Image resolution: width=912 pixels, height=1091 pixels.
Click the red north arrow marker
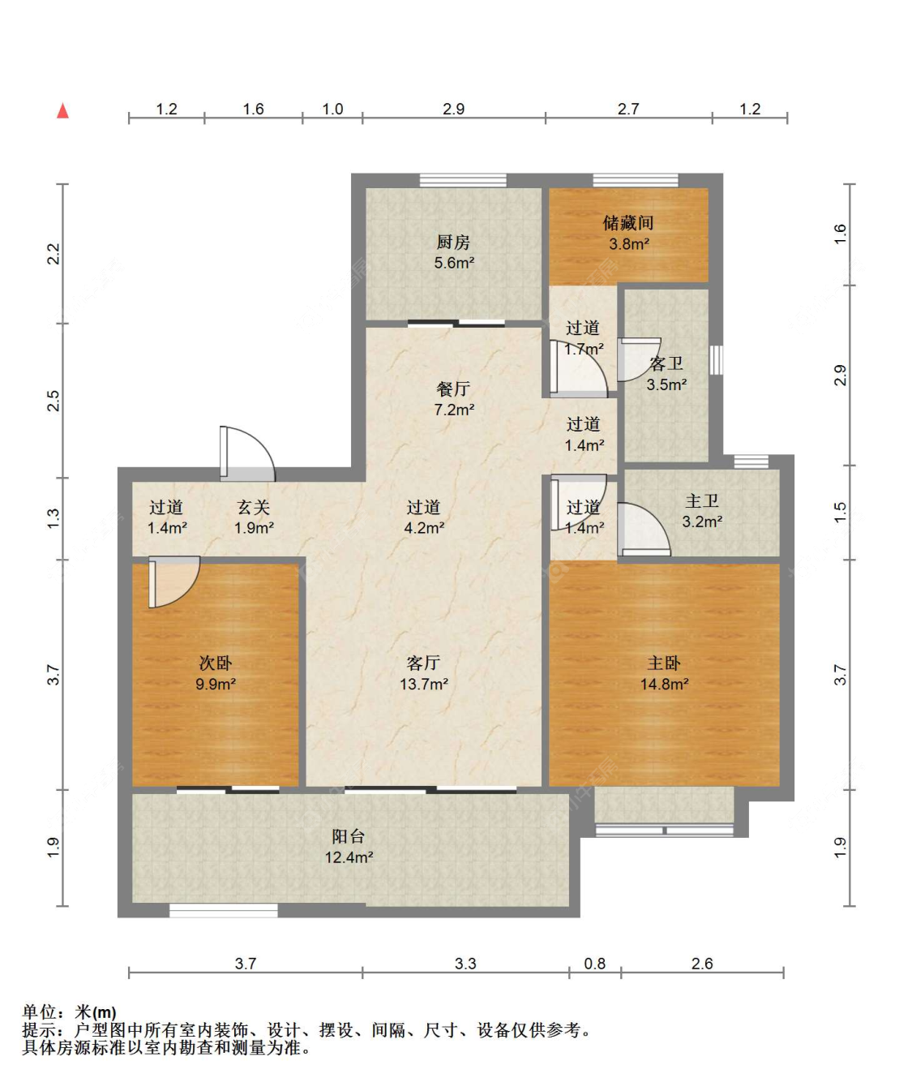tap(62, 111)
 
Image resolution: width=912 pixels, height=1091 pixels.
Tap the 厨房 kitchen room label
tap(453, 243)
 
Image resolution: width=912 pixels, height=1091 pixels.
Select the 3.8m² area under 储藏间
tap(629, 244)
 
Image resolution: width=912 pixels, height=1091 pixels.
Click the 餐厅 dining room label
tap(453, 389)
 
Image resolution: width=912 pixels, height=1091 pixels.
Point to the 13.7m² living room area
tap(424, 684)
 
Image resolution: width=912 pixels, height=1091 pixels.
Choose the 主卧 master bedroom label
tap(664, 663)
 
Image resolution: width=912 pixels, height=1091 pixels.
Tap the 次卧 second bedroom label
tap(215, 663)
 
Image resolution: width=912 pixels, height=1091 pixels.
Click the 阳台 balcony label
tap(349, 836)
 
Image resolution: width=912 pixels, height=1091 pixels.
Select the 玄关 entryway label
tap(253, 507)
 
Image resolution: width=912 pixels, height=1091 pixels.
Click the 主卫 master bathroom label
tap(702, 501)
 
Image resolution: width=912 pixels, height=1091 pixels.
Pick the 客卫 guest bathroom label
tap(666, 363)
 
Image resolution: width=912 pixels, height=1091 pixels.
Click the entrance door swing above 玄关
tap(247, 453)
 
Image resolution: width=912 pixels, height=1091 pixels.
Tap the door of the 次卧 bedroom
tap(174, 582)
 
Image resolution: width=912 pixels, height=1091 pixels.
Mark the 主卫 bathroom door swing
tap(644, 530)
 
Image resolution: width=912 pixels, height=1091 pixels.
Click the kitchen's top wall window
tap(464, 180)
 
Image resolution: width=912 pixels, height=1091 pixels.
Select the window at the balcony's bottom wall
tap(224, 911)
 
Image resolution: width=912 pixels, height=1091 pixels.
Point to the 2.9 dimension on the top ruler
tap(453, 109)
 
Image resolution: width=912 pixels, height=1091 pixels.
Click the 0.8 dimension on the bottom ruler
tap(594, 964)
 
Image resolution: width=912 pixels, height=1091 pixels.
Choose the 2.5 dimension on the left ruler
tap(54, 401)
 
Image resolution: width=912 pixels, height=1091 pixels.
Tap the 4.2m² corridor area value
tap(424, 528)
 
